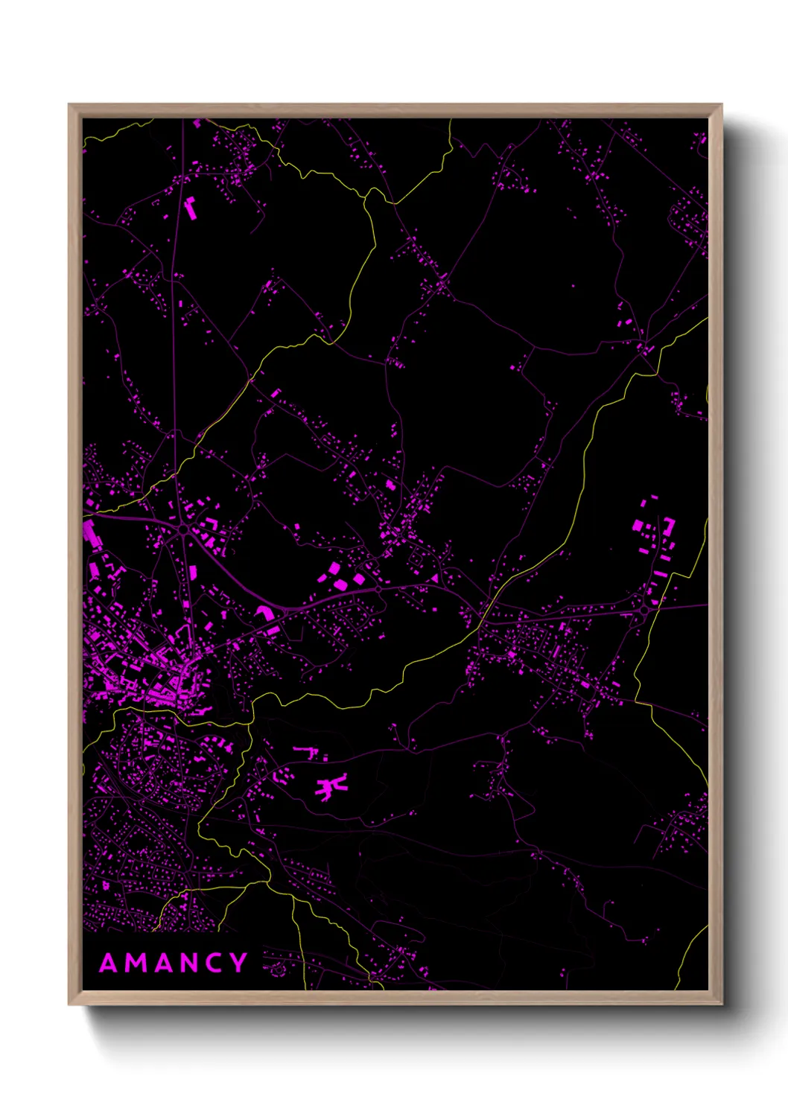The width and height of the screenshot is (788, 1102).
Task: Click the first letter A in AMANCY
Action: coord(109,964)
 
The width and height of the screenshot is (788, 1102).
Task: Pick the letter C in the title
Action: coord(217,964)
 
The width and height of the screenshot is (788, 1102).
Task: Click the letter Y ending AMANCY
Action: coord(239,964)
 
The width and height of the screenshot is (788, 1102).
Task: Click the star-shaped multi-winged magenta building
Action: coord(330,786)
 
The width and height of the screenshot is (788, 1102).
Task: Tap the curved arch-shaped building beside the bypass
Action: coord(264,613)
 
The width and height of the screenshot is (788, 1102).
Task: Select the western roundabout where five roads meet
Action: coord(183,529)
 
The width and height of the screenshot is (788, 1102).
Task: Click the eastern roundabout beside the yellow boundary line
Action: coord(644,611)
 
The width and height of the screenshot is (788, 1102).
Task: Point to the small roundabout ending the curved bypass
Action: coord(378,589)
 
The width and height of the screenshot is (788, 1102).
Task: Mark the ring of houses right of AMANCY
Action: coord(277,969)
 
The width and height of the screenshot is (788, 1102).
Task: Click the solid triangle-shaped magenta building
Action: coord(434,578)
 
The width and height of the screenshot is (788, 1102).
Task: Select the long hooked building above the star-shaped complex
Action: coord(306,751)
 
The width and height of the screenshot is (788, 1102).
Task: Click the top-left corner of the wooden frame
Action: coord(69,105)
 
